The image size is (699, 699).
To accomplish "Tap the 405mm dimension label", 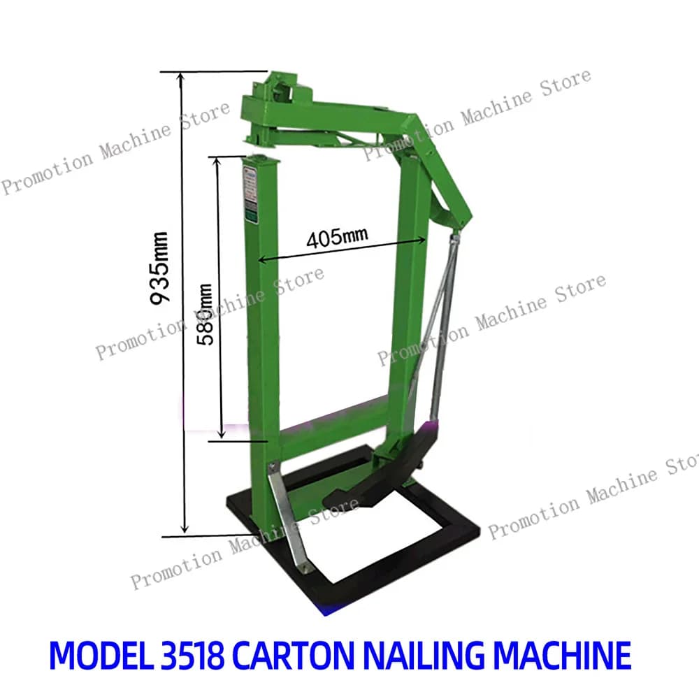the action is point(337,237).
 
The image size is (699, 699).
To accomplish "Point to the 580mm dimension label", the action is point(205,315).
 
